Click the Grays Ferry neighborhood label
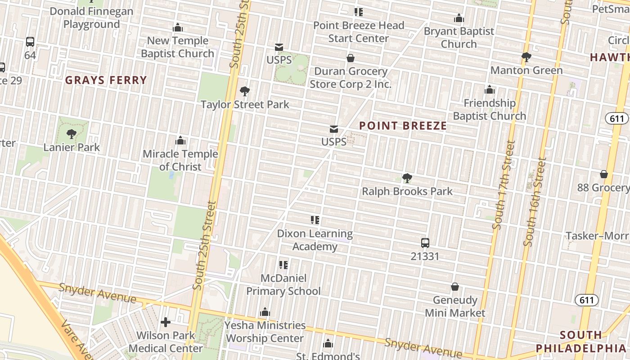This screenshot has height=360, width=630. [x=106, y=81]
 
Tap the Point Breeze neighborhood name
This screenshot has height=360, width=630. [x=403, y=126]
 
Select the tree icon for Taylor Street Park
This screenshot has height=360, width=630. [x=245, y=92]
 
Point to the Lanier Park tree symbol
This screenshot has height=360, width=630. [x=71, y=134]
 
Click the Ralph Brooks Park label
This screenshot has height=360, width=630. [x=407, y=191]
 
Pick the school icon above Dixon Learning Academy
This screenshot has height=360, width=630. [x=315, y=220]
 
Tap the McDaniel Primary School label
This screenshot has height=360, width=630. [x=283, y=285]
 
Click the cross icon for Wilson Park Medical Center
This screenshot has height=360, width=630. [x=166, y=322]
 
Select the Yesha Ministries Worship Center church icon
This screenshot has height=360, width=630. [x=265, y=312]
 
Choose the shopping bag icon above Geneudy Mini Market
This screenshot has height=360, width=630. [x=455, y=287]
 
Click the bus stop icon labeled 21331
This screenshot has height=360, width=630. [x=425, y=243]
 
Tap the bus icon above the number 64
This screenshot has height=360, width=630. [x=30, y=42]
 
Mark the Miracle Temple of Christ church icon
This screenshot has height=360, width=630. [x=180, y=140]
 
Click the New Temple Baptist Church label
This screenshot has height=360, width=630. [x=178, y=47]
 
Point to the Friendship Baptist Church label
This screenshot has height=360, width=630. [x=489, y=109]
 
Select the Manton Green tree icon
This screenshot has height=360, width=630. [x=526, y=57]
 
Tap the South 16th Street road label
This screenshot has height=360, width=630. [x=535, y=201]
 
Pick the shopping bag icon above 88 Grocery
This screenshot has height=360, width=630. [x=604, y=174]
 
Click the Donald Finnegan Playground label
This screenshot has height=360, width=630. [x=91, y=18]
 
